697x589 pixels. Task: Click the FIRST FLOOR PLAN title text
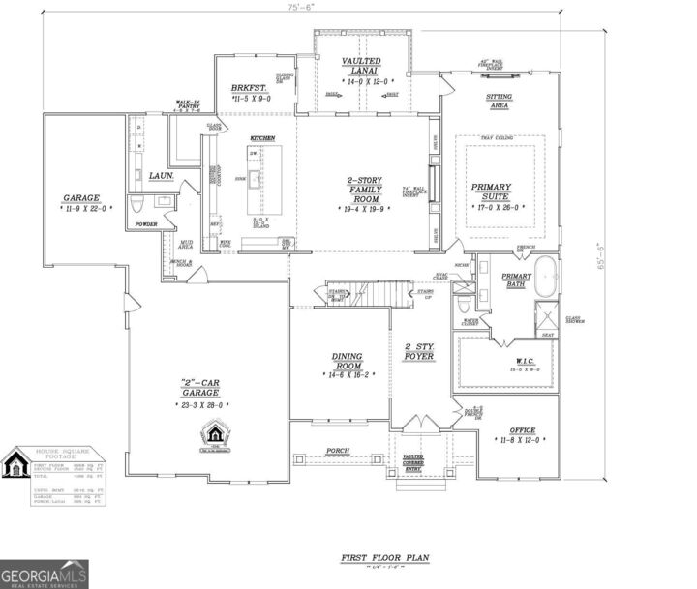coord(384,558)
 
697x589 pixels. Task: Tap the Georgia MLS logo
coord(45,574)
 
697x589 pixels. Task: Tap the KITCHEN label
coord(263,138)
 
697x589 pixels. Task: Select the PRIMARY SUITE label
coord(498,192)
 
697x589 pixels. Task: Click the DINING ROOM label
coord(347,363)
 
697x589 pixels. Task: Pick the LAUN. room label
coord(161,176)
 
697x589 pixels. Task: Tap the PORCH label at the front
coord(339,451)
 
